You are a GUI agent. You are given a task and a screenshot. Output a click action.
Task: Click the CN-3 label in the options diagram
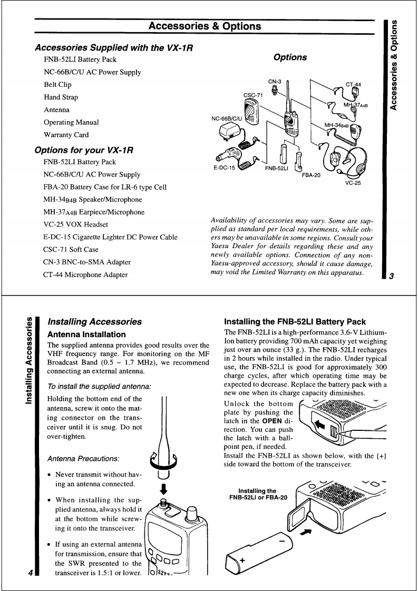pyautogui.click(x=276, y=82)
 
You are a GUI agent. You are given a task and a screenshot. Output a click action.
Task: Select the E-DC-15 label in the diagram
pyautogui.click(x=224, y=168)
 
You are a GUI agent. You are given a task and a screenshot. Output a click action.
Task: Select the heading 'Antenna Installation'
pyautogui.click(x=86, y=334)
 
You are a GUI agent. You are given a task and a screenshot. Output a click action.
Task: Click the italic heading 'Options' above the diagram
pyautogui.click(x=290, y=57)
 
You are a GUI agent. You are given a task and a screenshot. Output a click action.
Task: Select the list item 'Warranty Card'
pyautogui.click(x=66, y=135)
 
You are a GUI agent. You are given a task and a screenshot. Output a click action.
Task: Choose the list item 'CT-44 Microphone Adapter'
pyautogui.click(x=85, y=274)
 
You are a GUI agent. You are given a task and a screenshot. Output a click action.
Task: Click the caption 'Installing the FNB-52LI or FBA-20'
pyautogui.click(x=257, y=494)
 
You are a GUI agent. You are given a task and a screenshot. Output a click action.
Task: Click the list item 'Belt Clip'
pyautogui.click(x=57, y=85)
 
